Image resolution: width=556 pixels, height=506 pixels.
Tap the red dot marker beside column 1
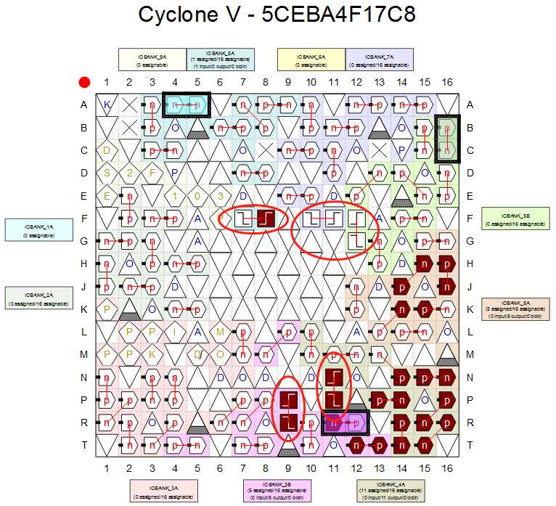coord(84,83)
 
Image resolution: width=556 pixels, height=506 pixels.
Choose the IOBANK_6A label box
coord(311,59)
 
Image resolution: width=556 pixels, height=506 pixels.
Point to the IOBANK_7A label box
coord(380,59)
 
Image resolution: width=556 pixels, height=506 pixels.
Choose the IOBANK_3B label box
coord(277,490)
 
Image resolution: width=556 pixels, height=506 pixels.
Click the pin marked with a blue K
coord(107,105)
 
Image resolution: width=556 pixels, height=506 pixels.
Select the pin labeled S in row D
coord(107,174)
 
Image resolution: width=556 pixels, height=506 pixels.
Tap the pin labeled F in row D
coord(152,174)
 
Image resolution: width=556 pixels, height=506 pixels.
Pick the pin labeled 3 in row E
coord(221,196)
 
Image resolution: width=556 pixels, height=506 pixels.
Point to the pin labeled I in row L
coord(175,332)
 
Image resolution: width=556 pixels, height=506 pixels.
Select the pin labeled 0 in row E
coord(197,196)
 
